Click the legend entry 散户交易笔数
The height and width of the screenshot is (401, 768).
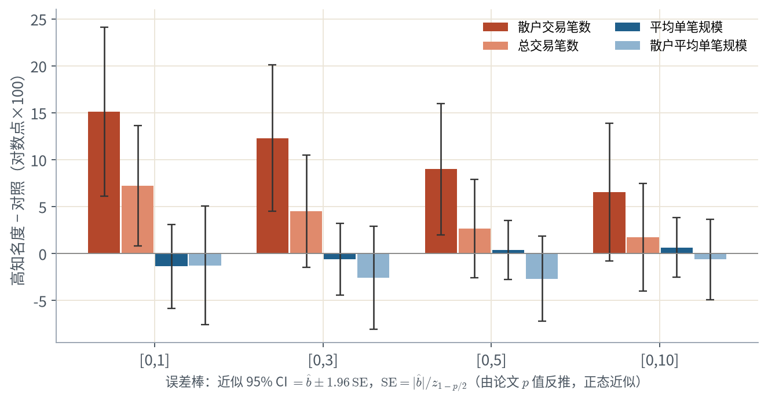tap(537, 27)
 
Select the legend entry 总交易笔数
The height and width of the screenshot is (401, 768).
tap(531, 46)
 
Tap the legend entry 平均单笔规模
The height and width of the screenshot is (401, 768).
tap(669, 27)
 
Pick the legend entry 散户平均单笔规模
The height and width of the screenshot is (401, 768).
tap(681, 46)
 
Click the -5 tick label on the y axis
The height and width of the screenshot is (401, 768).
tap(40, 301)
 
